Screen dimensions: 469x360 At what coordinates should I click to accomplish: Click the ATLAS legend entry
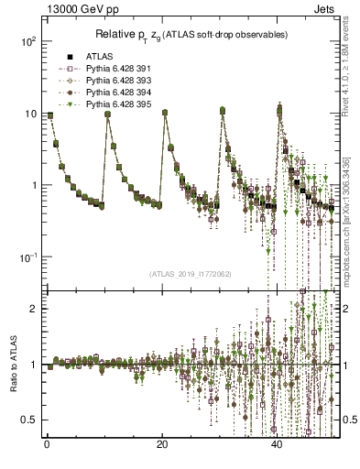(99, 56)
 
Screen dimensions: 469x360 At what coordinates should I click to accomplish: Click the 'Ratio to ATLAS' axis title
(12, 364)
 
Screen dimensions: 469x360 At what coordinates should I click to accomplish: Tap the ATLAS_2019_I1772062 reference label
(190, 273)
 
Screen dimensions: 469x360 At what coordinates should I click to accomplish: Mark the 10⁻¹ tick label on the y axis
(27, 257)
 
